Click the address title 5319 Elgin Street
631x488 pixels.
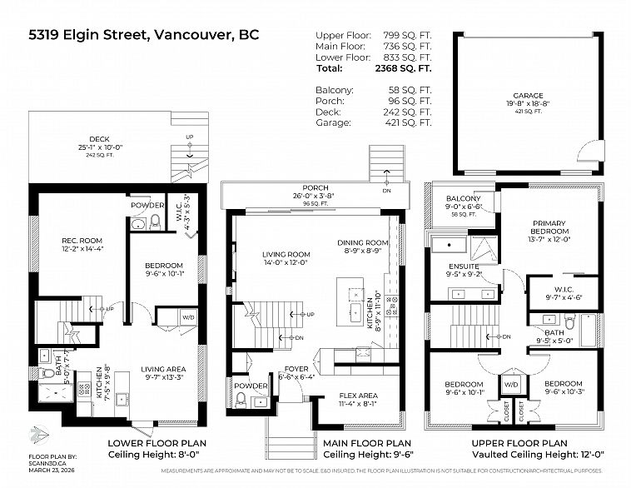143,35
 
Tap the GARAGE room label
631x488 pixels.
527,96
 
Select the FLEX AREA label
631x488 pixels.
359,395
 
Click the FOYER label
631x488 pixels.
296,367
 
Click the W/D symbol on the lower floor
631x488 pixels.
188,317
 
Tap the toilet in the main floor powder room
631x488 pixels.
241,400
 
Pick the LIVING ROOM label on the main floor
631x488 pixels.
286,255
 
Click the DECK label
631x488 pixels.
99,140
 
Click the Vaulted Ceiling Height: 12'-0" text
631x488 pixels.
519,455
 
